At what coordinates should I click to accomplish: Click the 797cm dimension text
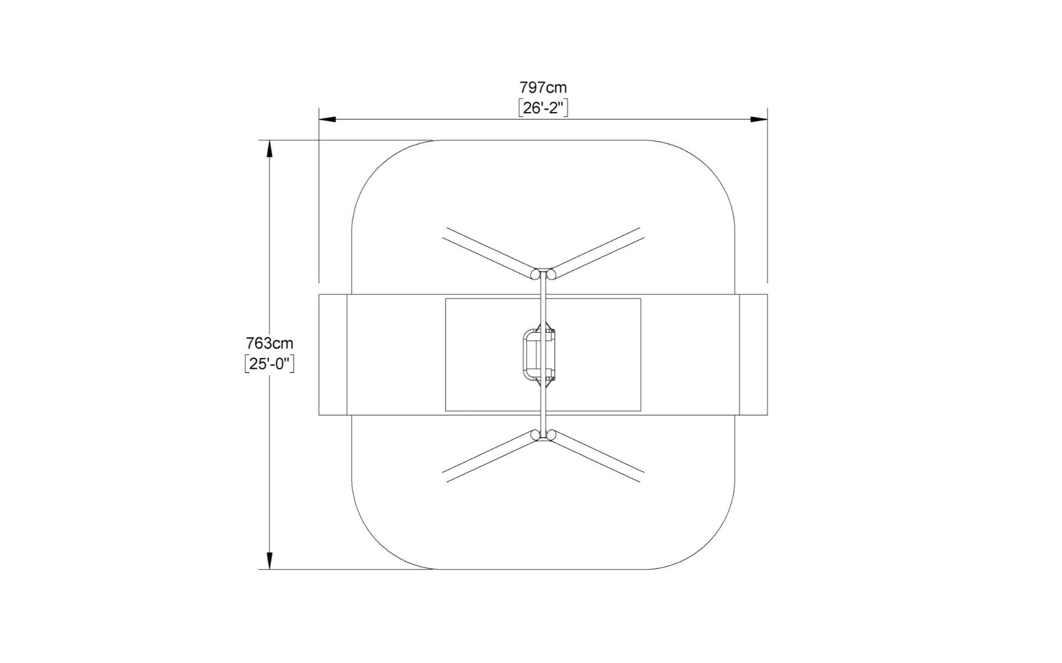[543, 88]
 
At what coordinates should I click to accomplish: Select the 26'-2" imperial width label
[543, 108]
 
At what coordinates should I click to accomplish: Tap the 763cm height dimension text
[269, 343]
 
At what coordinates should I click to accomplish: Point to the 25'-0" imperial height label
[269, 364]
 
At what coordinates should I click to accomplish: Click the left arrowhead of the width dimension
[327, 119]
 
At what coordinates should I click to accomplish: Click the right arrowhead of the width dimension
[759, 119]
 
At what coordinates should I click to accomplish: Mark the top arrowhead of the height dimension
[270, 149]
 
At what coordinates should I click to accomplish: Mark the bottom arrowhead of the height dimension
[270, 560]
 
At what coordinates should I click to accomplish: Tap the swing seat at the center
[538, 355]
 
